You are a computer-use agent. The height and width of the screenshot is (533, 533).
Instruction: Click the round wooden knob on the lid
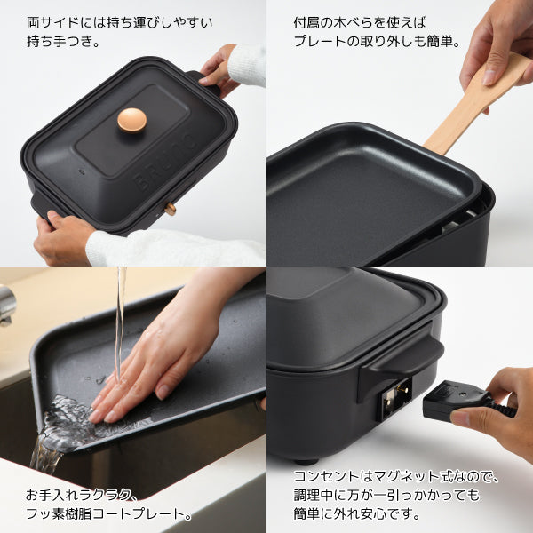pyautogui.click(x=132, y=120)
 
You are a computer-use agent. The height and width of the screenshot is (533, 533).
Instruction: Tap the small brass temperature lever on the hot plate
pyautogui.click(x=170, y=209)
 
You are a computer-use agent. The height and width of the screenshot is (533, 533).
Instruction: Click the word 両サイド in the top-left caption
pyautogui.click(x=53, y=23)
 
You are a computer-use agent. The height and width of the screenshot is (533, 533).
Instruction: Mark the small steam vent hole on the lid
pyautogui.click(x=81, y=171)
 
